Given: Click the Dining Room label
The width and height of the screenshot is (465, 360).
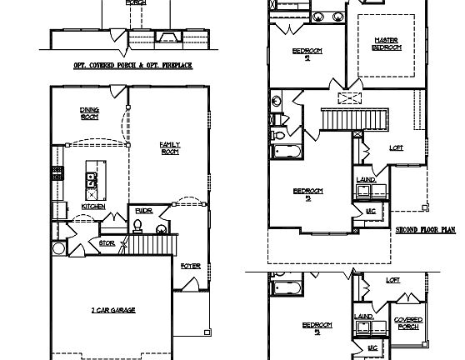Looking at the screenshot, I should tap(89, 112).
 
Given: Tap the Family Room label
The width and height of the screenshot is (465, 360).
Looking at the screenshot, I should tap(170, 147).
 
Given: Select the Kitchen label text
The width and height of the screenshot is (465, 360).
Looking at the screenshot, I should tap(92, 207).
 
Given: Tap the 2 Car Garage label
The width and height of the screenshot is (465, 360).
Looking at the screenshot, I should tap(113, 310).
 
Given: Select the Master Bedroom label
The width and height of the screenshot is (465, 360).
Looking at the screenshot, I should tap(387, 43).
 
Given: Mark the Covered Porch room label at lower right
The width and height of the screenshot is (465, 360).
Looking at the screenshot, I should tap(407, 322).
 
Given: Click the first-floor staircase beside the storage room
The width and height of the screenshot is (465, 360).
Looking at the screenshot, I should tap(154, 244).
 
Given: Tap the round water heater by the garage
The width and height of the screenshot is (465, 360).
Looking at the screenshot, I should tap(58, 248).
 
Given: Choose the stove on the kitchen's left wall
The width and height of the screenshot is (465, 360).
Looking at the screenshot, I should tap(58, 173).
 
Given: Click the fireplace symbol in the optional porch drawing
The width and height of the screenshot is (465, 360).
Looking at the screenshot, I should tap(169, 37).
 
